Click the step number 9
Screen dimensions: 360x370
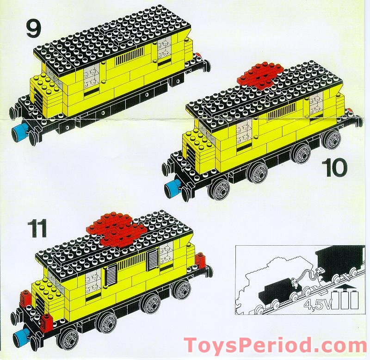pos(33,29)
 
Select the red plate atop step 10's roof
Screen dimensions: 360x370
pos(260,74)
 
